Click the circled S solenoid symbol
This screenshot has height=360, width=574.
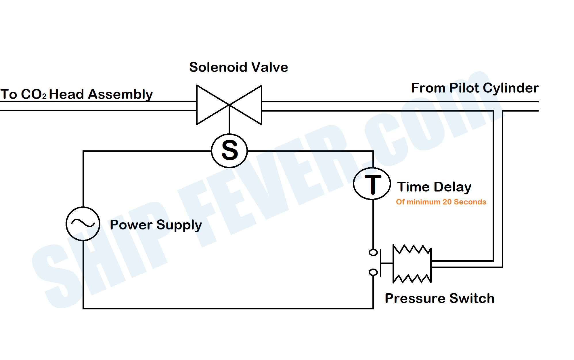tap(229, 151)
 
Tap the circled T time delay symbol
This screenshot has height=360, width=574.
tap(372, 183)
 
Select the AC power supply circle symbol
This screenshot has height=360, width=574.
tap(83, 224)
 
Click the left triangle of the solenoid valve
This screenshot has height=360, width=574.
tap(208, 105)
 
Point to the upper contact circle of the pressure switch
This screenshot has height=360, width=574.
tap(373, 252)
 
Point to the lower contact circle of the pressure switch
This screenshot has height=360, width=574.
tap(373, 272)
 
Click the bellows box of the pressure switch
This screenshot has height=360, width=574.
tap(412, 264)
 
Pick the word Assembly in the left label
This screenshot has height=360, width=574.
tap(120, 95)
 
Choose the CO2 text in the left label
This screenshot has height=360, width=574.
tap(33, 95)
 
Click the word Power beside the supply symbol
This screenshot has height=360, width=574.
tap(131, 225)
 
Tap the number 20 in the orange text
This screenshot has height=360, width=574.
tap(447, 202)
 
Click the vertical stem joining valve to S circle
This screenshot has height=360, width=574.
tap(229, 124)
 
